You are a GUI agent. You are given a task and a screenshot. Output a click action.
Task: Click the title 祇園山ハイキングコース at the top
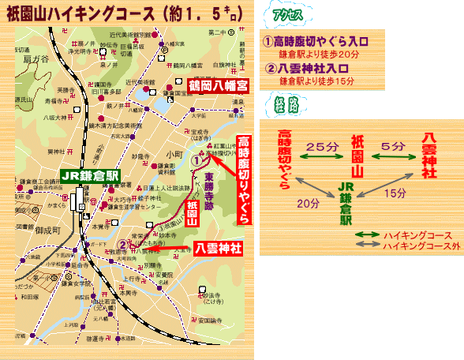coord(95,13)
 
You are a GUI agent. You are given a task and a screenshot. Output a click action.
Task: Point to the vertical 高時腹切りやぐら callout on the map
coord(244,181)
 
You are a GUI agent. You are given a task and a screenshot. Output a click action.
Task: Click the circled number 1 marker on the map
coord(197,158)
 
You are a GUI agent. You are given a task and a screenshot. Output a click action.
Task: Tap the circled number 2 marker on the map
coord(123,244)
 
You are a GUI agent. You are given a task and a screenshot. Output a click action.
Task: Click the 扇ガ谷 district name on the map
coord(37,58)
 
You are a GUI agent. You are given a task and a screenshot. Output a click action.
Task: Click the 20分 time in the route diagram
coord(303,202)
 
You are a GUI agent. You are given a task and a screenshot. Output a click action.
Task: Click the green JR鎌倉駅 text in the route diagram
coord(345,203)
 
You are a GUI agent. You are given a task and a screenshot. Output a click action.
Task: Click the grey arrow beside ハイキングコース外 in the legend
coord(366,246)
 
